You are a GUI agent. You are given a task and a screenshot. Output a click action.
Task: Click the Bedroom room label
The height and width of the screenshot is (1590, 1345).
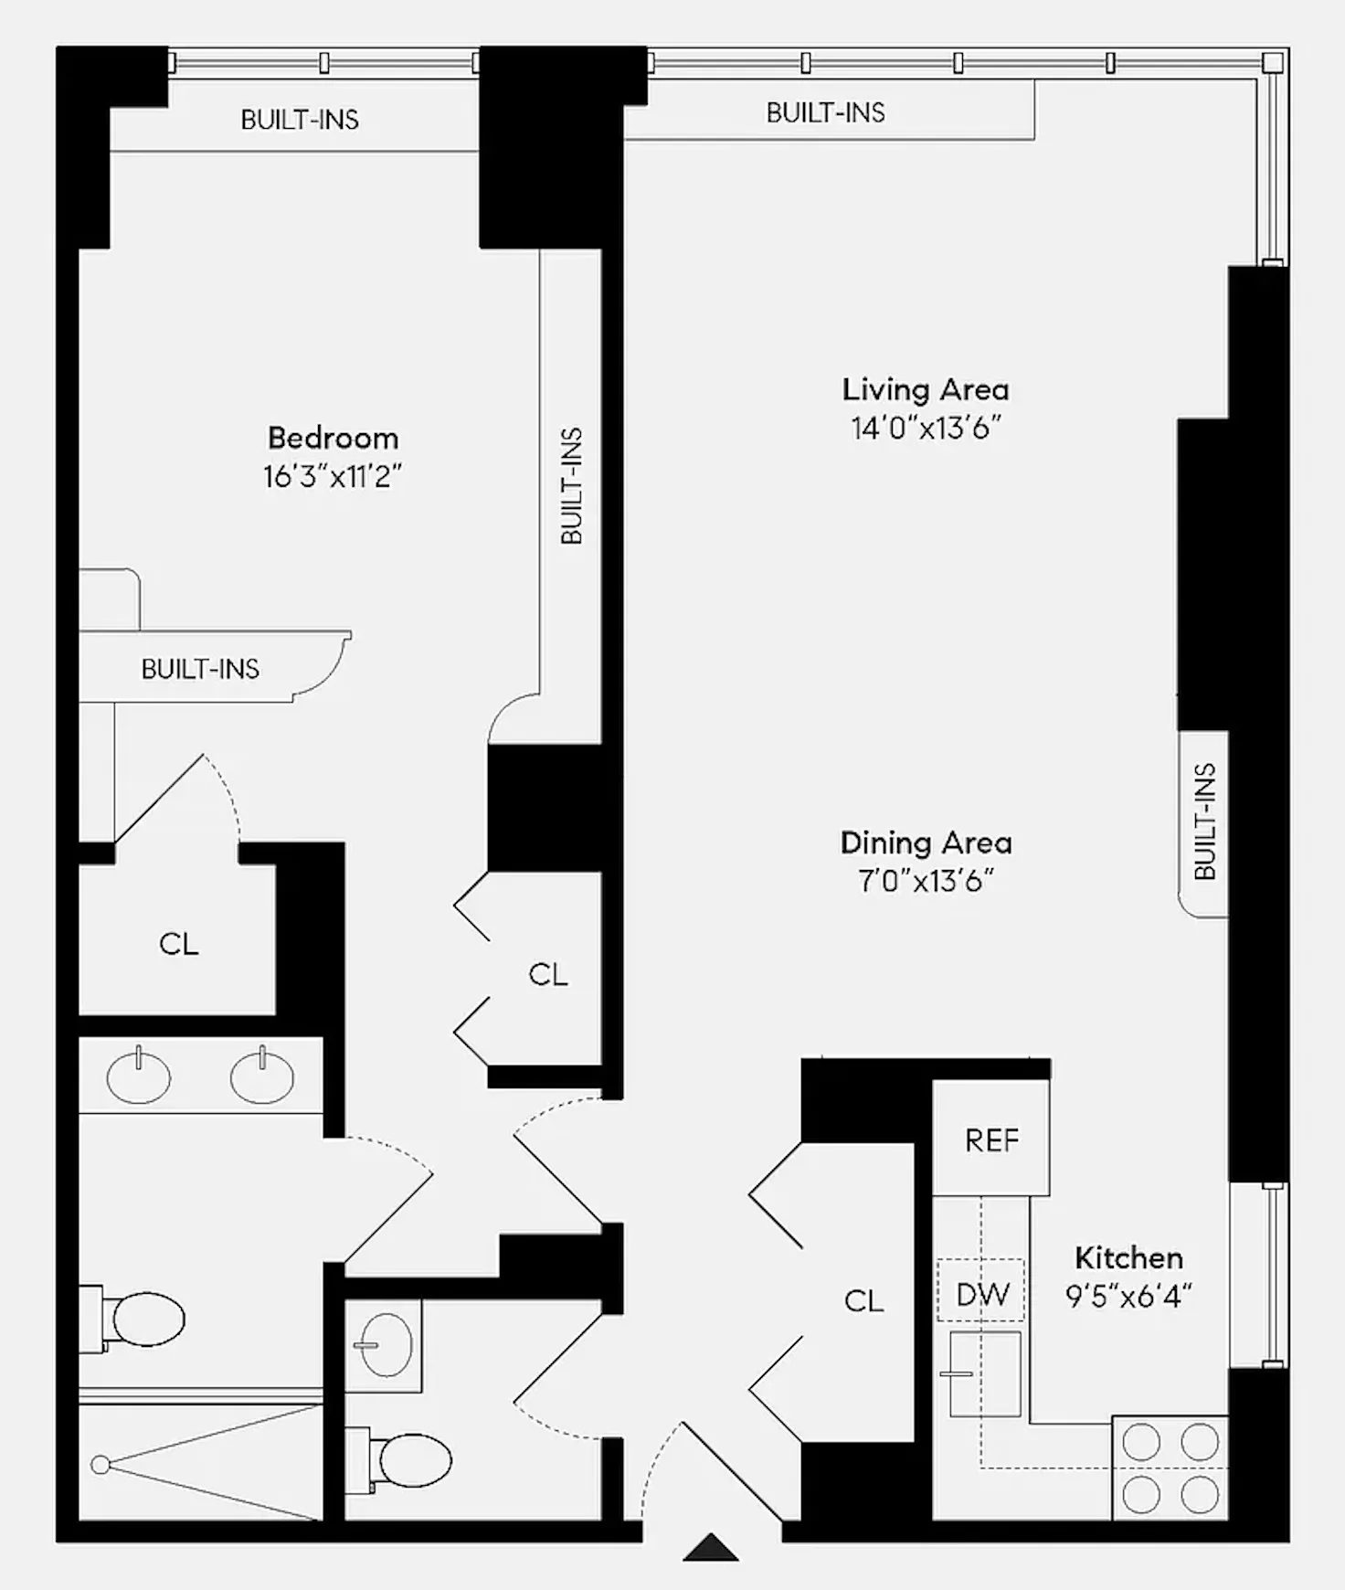333,438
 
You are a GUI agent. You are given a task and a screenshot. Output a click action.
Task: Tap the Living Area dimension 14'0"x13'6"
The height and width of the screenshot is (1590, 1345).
926,428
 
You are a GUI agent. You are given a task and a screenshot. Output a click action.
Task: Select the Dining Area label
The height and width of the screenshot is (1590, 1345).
926,843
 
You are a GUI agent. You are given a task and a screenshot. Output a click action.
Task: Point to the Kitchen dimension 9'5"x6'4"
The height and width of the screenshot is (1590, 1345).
1128,1296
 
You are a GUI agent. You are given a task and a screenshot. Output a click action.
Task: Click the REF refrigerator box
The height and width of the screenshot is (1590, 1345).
991,1139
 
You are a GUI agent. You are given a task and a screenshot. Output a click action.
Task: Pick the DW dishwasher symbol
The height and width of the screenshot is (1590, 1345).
981,1294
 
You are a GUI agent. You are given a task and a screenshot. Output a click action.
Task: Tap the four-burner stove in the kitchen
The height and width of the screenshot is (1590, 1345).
1170,1468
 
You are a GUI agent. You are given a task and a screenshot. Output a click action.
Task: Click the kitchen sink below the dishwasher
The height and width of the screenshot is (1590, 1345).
985,1373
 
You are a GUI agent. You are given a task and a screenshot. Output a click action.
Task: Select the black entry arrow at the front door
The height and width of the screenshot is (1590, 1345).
710,1548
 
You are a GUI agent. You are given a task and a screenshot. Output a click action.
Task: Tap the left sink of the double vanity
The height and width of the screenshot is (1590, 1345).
138,1077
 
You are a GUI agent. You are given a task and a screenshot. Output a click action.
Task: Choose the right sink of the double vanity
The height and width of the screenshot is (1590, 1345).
262,1077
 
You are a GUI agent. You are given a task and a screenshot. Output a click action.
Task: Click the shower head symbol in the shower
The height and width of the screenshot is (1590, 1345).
101,1465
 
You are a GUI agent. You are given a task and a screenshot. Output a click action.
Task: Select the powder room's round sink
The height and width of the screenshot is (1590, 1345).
386,1345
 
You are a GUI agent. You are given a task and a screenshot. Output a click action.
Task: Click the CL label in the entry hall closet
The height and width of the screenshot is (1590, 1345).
863,1300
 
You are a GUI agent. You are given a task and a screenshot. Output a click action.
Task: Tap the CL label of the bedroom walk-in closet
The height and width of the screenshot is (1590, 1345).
178,943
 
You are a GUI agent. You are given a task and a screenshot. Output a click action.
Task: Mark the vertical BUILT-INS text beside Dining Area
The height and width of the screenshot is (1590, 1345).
1204,821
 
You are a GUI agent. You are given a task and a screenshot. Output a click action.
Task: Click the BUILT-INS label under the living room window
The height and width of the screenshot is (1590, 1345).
825,112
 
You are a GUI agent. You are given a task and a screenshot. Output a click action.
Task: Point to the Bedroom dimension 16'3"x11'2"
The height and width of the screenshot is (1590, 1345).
333,476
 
